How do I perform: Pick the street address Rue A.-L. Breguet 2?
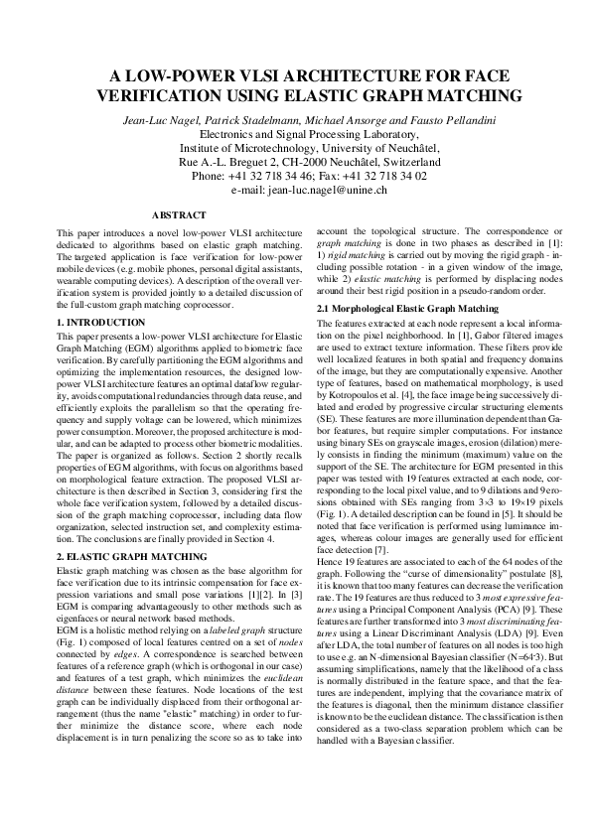tap(231, 160)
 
